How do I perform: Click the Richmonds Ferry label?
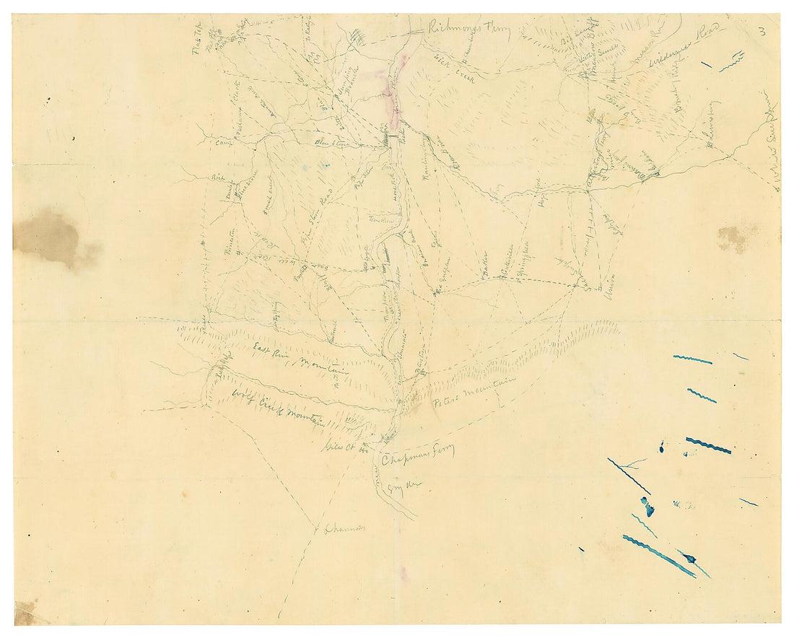pos(468,30)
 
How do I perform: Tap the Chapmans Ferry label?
pos(418,456)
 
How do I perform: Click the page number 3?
pos(762,31)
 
